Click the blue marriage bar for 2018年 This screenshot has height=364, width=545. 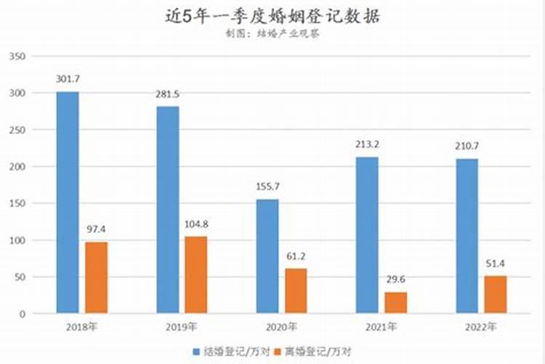(68, 202)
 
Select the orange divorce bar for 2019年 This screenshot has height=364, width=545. (196, 275)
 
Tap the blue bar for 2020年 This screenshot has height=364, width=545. (267, 256)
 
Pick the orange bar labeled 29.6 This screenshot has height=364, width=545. (396, 303)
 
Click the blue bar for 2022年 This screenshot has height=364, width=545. (467, 236)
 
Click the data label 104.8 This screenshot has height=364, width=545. (196, 224)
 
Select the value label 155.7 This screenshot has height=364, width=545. (267, 187)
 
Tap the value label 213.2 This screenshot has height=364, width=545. (368, 144)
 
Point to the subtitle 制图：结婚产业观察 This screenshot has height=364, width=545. (272, 33)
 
